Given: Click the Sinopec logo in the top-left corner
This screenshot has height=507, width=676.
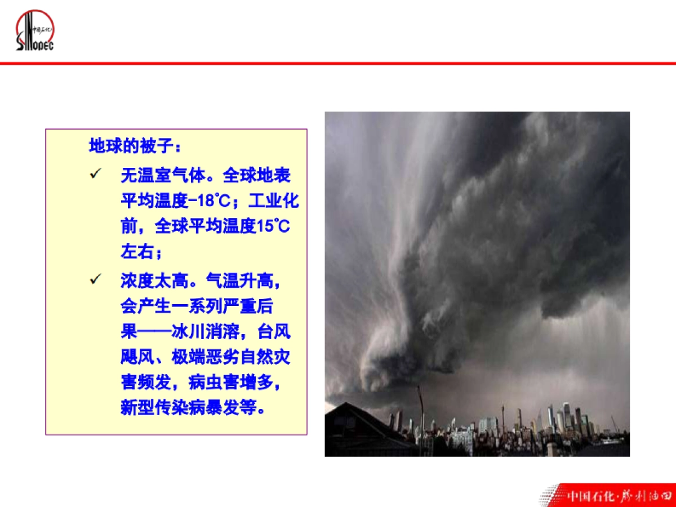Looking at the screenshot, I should [x=34, y=30].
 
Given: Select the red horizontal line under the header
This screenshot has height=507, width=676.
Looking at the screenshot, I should [x=338, y=63].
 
